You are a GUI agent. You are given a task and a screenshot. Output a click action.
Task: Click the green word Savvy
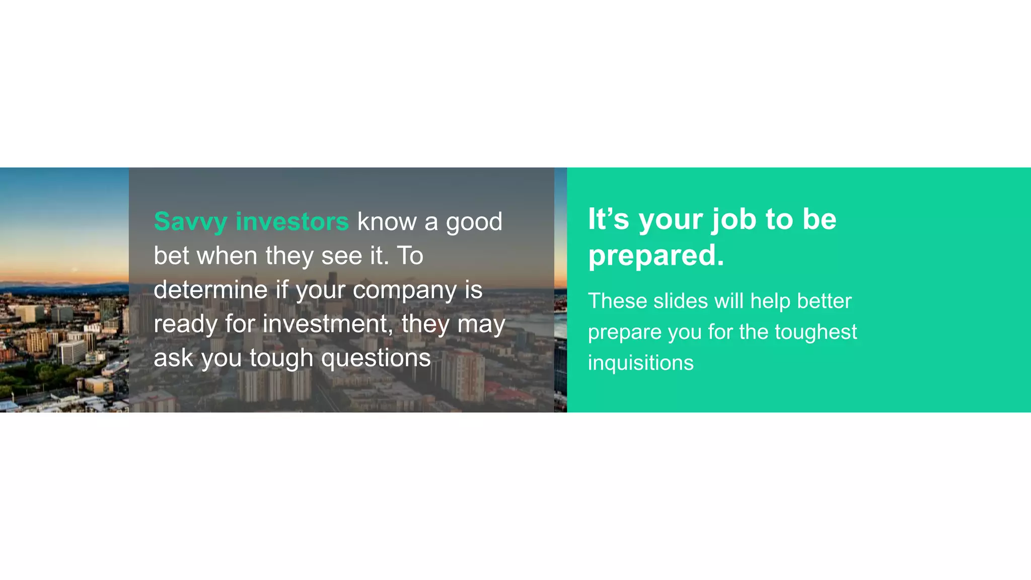point(190,222)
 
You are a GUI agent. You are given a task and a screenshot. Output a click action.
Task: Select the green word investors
point(292,222)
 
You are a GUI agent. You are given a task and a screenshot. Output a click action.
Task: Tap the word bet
point(171,256)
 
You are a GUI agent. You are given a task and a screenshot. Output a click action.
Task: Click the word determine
point(210,290)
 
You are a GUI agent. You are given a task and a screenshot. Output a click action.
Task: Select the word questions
point(376,359)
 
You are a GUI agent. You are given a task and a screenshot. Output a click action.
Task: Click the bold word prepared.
point(656,255)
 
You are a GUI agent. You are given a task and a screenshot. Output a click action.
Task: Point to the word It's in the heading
point(608,219)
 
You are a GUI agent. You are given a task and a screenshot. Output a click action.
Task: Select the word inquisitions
point(640,363)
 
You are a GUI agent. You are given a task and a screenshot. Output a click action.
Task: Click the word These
point(617,301)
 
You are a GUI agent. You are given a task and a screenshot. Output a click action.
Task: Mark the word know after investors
point(387,222)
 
